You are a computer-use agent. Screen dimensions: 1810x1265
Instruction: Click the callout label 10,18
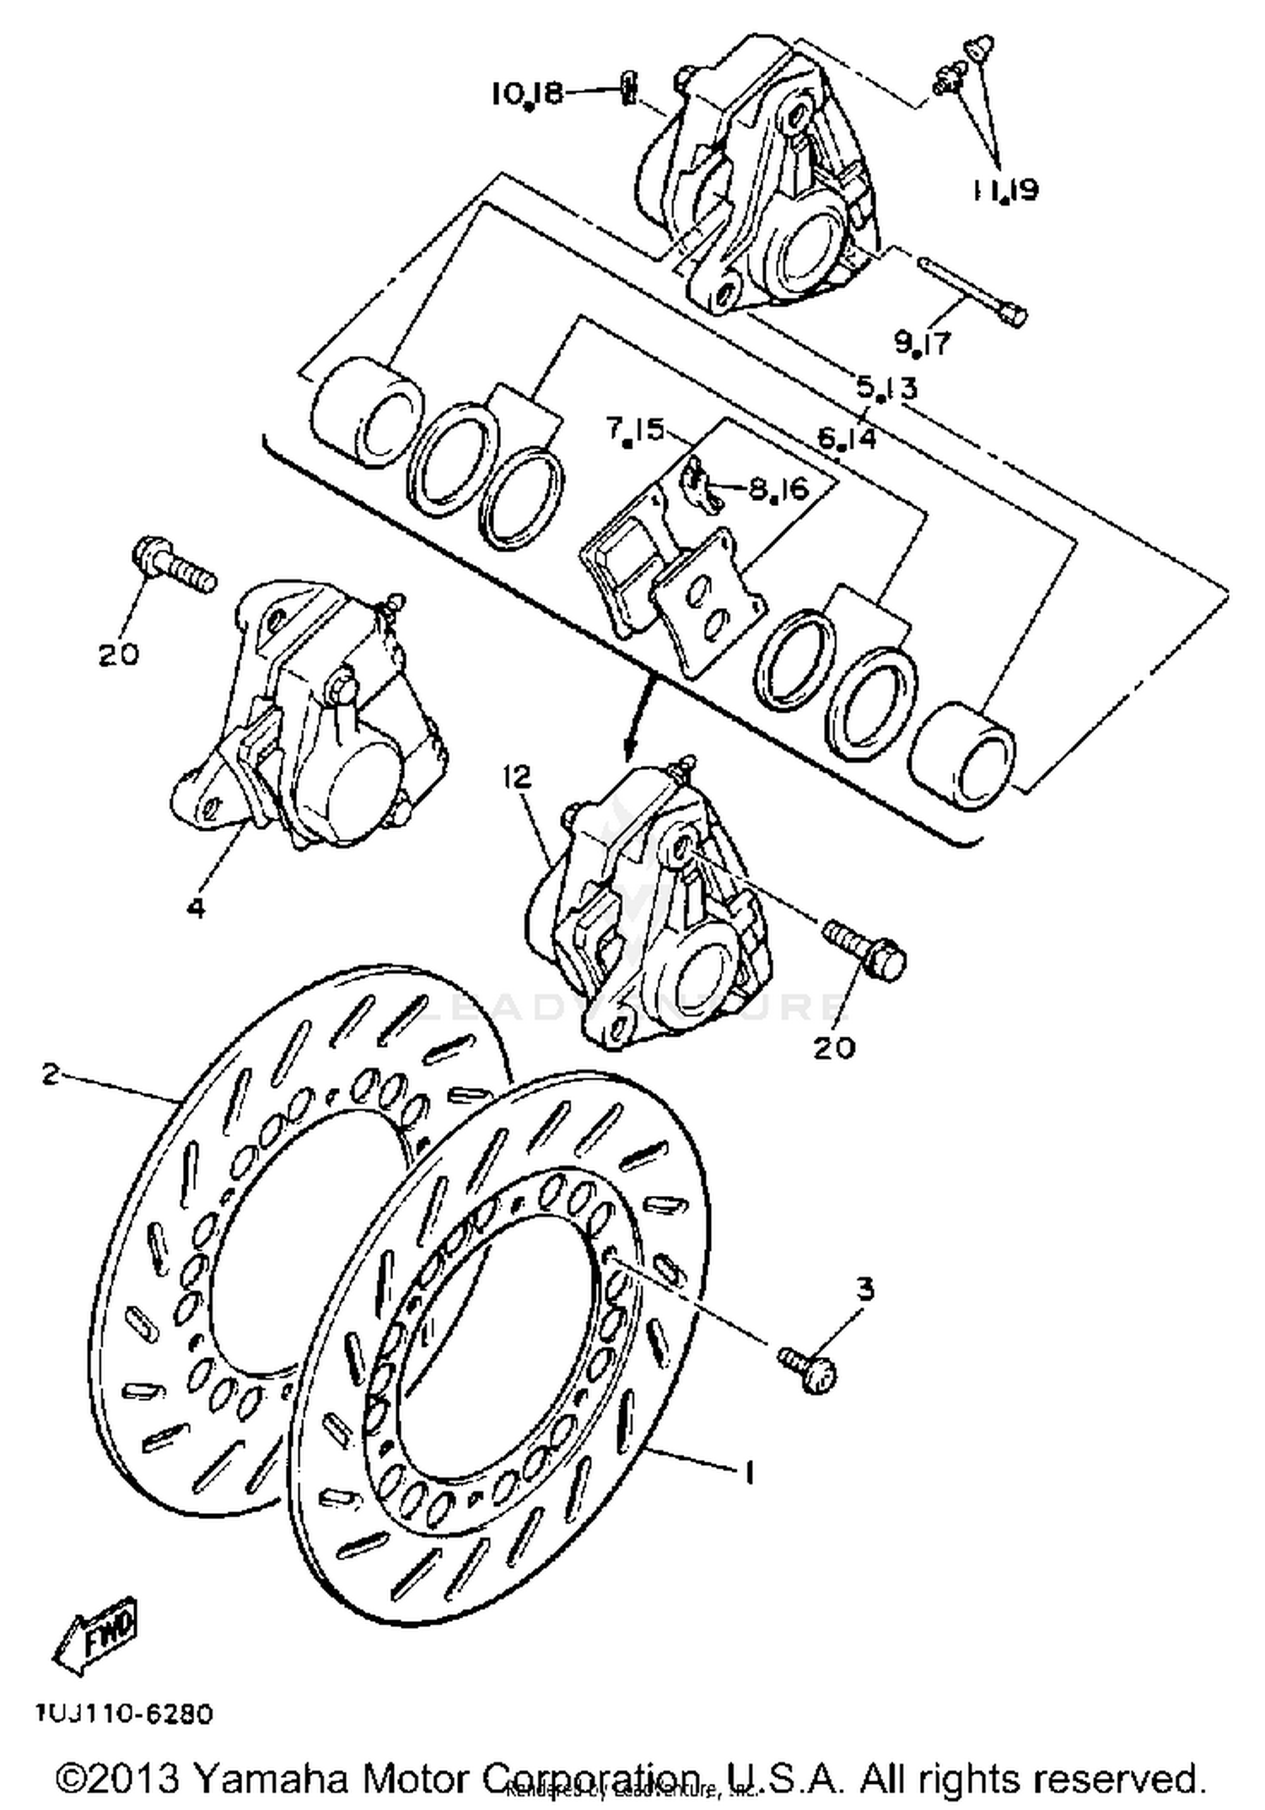click(x=527, y=93)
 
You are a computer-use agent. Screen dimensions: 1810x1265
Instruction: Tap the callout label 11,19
click(x=1006, y=191)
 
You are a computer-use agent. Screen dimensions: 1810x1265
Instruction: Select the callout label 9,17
click(x=923, y=342)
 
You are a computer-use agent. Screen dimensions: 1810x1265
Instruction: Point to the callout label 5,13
click(x=886, y=388)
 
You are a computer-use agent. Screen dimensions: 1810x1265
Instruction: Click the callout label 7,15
click(x=635, y=431)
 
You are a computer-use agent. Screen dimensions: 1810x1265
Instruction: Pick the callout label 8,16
click(x=778, y=489)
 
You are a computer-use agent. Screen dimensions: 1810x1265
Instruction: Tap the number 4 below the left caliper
click(x=196, y=908)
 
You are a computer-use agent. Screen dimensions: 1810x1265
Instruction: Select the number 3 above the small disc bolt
click(x=865, y=1289)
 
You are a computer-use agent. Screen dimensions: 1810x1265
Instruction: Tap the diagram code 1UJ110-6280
click(x=125, y=1714)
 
